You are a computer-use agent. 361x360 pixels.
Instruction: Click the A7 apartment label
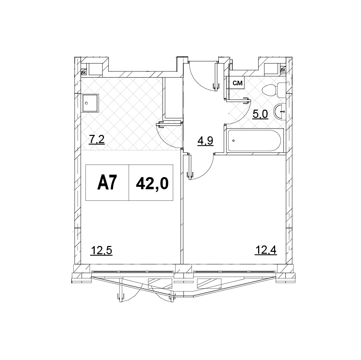[x=107, y=182]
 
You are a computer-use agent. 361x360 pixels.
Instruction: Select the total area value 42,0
[x=152, y=184]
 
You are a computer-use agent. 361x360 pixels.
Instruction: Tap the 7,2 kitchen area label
[x=97, y=140]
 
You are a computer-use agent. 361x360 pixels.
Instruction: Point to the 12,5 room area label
[x=101, y=250]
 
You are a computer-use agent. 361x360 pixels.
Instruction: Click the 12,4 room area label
[x=266, y=250]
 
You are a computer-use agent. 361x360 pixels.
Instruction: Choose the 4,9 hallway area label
[x=205, y=141]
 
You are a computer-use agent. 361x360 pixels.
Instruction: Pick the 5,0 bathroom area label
[x=260, y=114]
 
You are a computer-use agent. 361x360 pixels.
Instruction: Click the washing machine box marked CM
[x=238, y=83]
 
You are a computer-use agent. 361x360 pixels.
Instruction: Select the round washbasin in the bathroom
[x=279, y=112]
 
